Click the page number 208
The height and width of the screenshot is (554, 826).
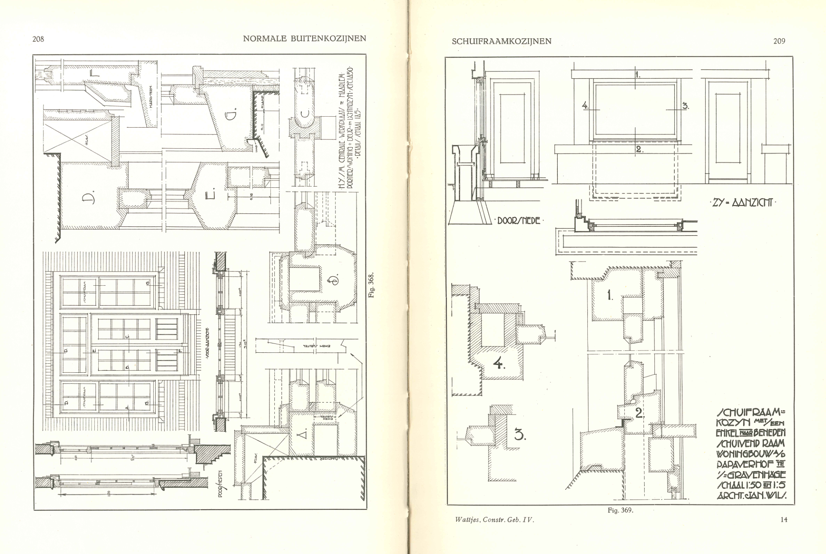click(x=38, y=39)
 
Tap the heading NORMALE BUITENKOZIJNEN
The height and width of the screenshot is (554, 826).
click(x=304, y=39)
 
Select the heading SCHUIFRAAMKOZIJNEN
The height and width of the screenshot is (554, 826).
click(x=502, y=41)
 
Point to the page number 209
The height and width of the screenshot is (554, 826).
click(x=779, y=41)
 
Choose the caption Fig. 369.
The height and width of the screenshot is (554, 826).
click(x=620, y=510)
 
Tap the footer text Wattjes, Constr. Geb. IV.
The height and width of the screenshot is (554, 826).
click(x=495, y=520)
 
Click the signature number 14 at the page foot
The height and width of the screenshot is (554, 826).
click(x=784, y=519)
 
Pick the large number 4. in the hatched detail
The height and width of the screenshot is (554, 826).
click(x=499, y=363)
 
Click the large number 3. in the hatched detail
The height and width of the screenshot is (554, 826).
click(x=520, y=435)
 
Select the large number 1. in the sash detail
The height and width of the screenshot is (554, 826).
click(x=610, y=295)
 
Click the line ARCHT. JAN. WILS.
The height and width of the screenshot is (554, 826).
click(x=751, y=496)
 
